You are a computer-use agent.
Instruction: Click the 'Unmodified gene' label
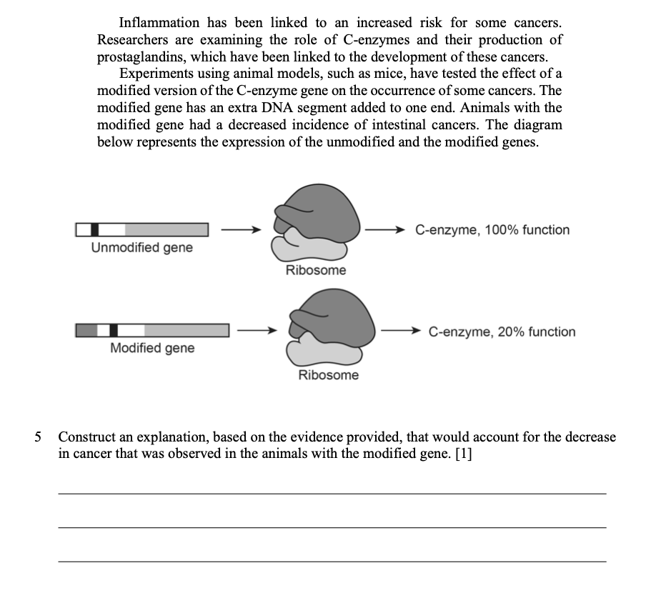coord(141,248)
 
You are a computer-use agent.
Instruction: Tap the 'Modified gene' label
coord(151,349)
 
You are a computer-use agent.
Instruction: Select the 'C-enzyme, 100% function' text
coord(492,230)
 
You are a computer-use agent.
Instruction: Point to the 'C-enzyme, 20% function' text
coord(502,332)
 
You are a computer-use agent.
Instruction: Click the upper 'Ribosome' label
coord(315,270)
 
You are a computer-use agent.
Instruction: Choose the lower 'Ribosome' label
coord(329,375)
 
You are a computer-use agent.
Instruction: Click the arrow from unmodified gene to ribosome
coord(237,230)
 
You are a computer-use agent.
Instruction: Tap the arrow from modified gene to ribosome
coord(257,331)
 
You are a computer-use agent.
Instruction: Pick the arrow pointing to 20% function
coord(401,332)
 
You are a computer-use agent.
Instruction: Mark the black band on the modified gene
coord(114,330)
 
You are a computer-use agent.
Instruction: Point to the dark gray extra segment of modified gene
coord(86,330)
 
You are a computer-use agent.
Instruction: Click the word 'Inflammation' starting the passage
coord(157,23)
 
